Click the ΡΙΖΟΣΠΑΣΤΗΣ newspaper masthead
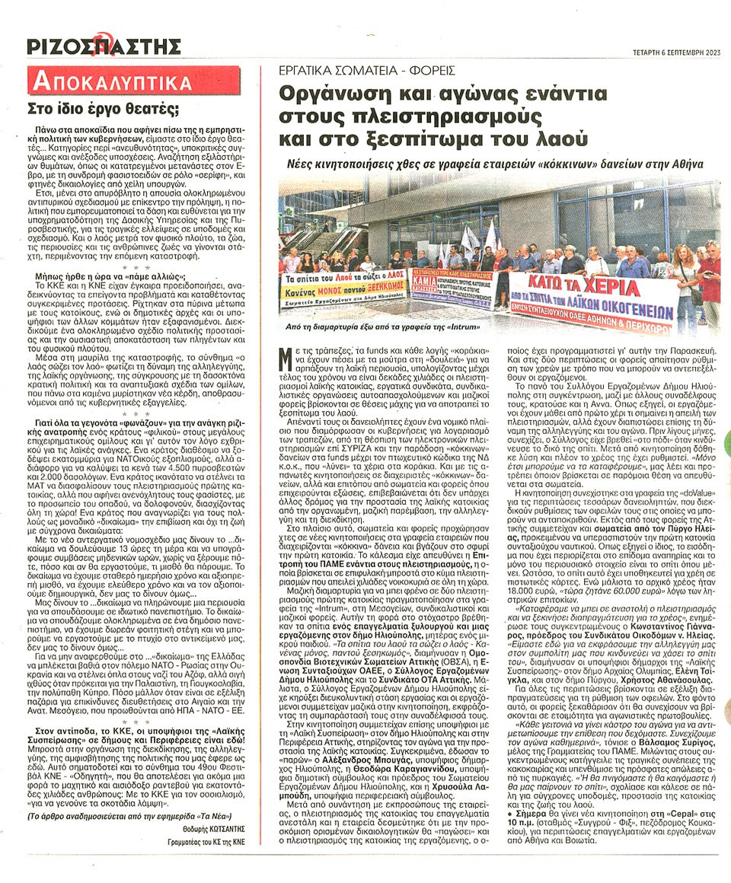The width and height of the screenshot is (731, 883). (104, 46)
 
